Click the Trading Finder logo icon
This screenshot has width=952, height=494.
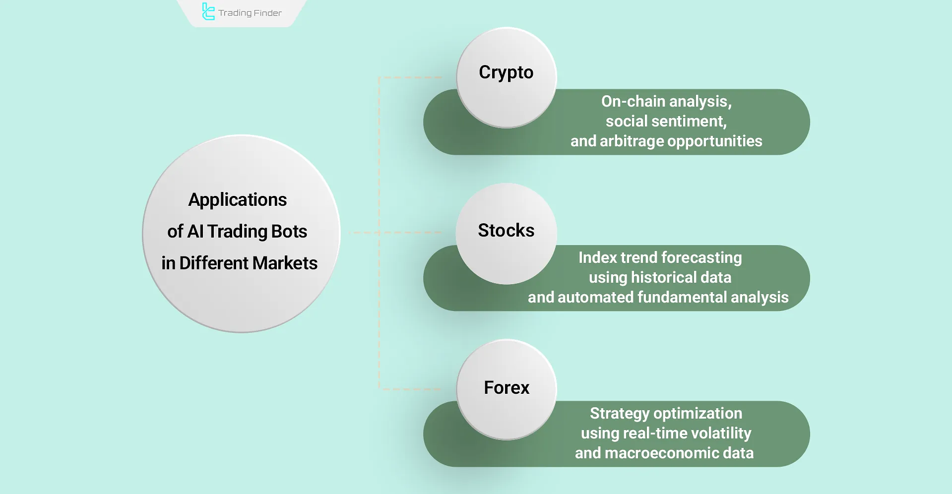[x=208, y=12]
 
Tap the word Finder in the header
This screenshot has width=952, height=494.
[x=267, y=13]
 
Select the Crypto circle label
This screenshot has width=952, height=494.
[x=506, y=72]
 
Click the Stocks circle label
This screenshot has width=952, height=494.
[x=506, y=230]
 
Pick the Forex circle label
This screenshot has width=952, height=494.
[x=507, y=387]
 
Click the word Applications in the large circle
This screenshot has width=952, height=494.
[x=237, y=199]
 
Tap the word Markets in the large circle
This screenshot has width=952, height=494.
[x=285, y=263]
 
